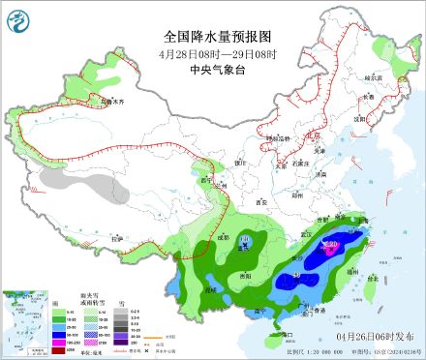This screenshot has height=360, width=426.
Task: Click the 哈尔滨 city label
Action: pyautogui.click(x=374, y=75)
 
